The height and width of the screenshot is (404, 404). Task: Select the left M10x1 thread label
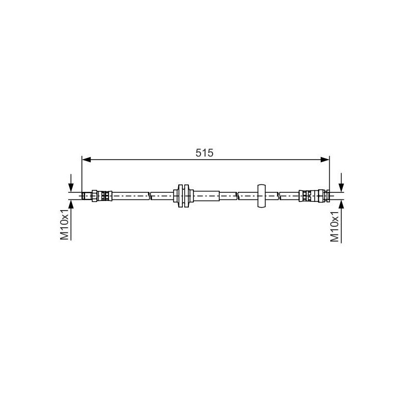[x=65, y=225]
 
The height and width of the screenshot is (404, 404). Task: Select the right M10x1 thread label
[x=335, y=225]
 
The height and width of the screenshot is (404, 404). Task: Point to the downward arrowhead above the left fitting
[x=72, y=187]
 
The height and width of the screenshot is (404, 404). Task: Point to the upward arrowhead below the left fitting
[x=72, y=203]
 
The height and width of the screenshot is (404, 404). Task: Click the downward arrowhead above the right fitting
[x=342, y=187]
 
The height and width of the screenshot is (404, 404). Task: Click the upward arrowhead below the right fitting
[x=342, y=203]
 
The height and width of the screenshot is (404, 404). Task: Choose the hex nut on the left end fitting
[x=94, y=195]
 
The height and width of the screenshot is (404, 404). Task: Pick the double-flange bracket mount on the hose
[x=183, y=195]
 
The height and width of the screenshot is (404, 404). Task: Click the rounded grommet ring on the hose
[x=261, y=195]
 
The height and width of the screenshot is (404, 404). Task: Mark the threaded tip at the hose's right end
[x=328, y=195]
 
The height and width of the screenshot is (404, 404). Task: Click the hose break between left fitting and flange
[x=150, y=195]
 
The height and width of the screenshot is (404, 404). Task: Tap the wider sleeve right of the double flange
[x=206, y=195]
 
